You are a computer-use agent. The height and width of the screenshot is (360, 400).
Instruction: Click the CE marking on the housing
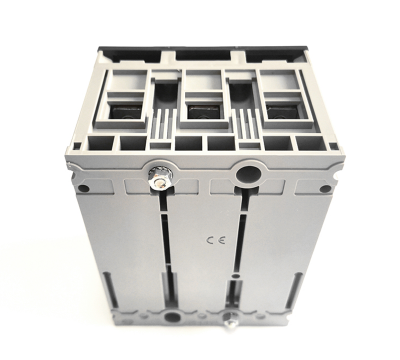(x=212, y=240)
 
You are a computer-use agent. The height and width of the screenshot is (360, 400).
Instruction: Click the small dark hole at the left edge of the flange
(x=84, y=187)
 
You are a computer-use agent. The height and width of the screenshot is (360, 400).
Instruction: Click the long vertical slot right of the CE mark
(x=241, y=250)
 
